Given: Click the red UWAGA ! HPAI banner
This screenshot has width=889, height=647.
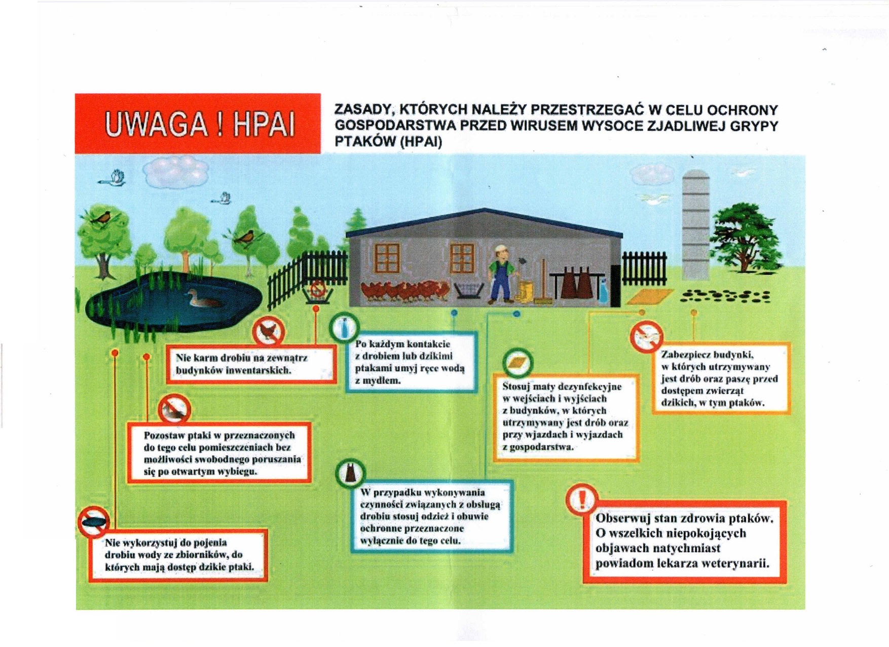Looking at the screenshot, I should [x=198, y=124].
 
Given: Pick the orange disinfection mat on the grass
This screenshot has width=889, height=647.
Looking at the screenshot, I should [x=649, y=296].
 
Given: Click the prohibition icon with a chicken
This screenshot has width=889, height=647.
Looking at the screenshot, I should [x=269, y=332].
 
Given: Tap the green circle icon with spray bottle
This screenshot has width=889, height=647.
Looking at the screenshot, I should [x=344, y=328].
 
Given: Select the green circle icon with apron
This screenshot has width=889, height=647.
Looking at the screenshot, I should [x=350, y=473].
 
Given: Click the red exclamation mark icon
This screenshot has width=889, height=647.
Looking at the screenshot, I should [x=582, y=499].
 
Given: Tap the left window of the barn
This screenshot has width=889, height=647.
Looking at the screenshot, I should [x=387, y=258].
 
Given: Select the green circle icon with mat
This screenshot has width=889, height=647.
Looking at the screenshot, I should [x=518, y=363].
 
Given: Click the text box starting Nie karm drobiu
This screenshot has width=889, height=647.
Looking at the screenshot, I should [x=251, y=364].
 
